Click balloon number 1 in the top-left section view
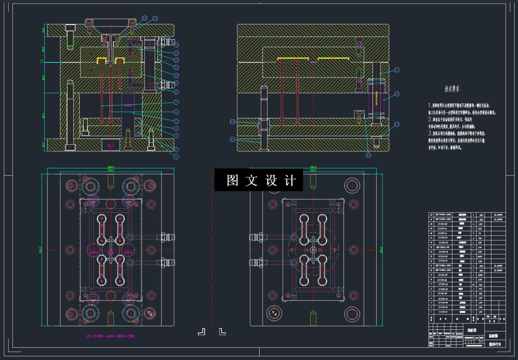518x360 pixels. point(176,157)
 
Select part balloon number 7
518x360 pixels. point(176,102)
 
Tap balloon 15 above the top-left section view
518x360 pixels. point(145,18)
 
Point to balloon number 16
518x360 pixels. point(155,19)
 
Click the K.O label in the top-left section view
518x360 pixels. point(111,146)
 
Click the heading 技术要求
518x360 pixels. point(452,89)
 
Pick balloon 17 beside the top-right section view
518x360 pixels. point(397,70)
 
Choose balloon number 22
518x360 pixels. point(232,122)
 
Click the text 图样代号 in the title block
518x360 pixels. point(494,344)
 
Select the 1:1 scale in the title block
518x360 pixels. point(481,342)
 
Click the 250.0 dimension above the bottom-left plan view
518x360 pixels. point(110,167)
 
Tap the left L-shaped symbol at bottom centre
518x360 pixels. point(201,331)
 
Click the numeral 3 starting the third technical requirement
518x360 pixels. point(430,133)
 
